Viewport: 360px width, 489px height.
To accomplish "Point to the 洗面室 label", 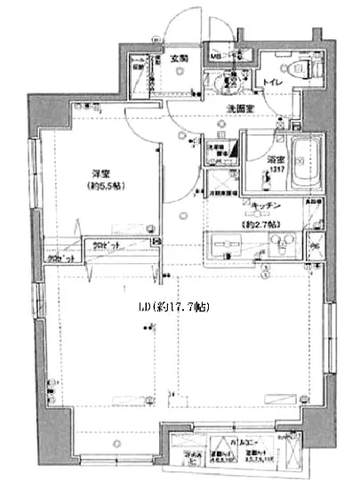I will click(240, 109).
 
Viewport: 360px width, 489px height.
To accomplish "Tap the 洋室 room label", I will click(99, 174).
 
